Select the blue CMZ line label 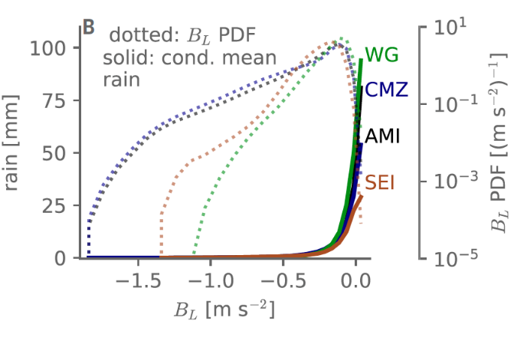(387, 90)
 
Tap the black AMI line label (383, 136)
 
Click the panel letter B (88, 28)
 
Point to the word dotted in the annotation (134, 36)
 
